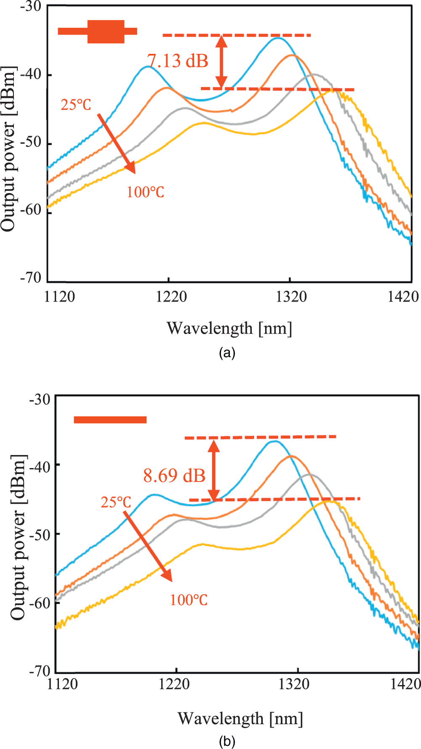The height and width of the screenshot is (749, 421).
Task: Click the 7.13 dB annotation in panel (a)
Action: (178, 61)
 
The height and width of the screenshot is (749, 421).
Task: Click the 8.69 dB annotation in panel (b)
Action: (174, 476)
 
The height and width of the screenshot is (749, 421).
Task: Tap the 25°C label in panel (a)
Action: (76, 105)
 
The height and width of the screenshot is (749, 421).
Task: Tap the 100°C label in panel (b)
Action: (189, 600)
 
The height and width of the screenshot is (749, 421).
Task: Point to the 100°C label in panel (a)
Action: (145, 193)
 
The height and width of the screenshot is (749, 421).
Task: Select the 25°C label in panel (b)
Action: (116, 502)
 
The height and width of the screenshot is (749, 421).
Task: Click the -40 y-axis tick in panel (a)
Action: (31, 75)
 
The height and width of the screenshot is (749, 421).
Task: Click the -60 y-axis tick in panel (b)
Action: (40, 603)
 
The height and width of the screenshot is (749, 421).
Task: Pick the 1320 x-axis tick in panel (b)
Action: (294, 684)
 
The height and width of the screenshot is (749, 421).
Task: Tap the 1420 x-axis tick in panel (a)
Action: (403, 297)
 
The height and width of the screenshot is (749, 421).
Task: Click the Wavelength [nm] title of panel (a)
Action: (229, 328)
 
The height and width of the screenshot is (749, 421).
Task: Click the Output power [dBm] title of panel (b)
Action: (18, 537)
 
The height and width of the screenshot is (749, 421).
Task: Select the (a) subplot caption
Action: (227, 352)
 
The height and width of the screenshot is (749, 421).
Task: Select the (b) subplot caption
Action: (227, 742)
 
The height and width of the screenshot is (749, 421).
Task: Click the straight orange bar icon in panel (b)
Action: (110, 420)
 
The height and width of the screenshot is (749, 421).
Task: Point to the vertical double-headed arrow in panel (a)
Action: (221, 62)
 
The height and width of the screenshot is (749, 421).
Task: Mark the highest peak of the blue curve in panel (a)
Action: (278, 38)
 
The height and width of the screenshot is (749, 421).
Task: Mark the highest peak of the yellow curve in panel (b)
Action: (329, 501)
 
